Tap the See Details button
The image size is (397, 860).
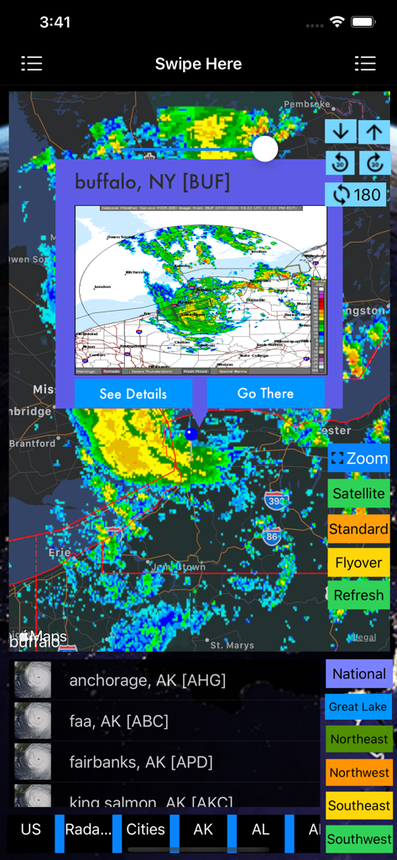(133, 394)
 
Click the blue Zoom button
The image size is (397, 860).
(358, 459)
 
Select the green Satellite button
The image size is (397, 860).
(358, 494)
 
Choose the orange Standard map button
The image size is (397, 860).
(358, 529)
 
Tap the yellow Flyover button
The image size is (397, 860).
(358, 563)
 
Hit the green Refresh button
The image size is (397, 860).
(358, 595)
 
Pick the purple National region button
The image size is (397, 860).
(358, 674)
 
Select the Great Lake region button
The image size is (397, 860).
(358, 706)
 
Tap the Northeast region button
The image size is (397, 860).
(358, 739)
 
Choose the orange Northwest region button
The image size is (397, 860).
(358, 773)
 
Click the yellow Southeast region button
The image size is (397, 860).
(358, 805)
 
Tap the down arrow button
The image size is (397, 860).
(340, 132)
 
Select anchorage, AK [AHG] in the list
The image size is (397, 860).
(147, 680)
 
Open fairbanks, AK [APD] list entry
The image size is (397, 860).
(140, 762)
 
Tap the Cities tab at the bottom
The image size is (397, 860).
(145, 829)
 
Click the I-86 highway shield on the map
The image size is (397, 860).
(270, 534)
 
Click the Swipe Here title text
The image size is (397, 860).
(198, 64)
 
